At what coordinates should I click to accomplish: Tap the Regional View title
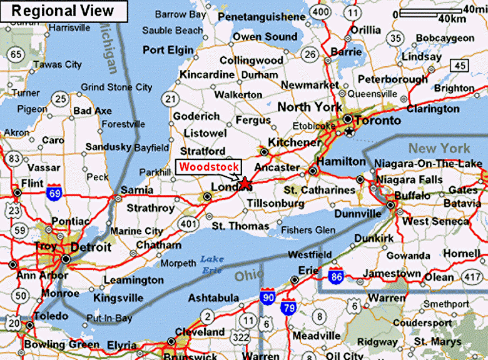tap(63, 11)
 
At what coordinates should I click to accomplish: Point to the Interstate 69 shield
tap(55, 194)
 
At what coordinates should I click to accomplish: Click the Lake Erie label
tap(211, 264)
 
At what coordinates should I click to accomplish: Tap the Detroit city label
tap(91, 247)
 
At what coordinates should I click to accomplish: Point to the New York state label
tap(439, 148)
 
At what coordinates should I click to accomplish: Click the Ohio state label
tap(250, 275)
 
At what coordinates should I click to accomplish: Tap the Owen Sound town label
tap(265, 37)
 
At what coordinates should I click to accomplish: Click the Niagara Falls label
tap(409, 180)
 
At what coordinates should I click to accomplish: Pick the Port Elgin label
tap(168, 50)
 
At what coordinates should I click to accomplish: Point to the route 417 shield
tap(471, 276)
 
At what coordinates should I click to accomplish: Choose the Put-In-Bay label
tap(110, 319)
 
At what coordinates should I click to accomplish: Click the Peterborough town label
tap(393, 79)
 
